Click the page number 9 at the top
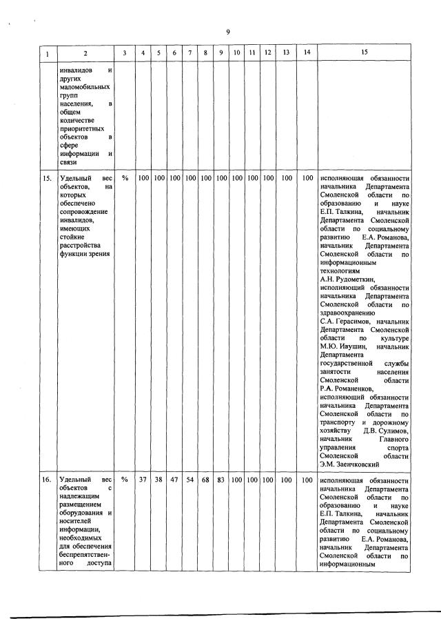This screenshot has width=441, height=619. coord(227,31)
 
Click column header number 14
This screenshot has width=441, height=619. coord(307,53)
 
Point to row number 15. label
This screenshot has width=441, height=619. coord(47,178)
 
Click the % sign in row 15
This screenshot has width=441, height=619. coord(125,178)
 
